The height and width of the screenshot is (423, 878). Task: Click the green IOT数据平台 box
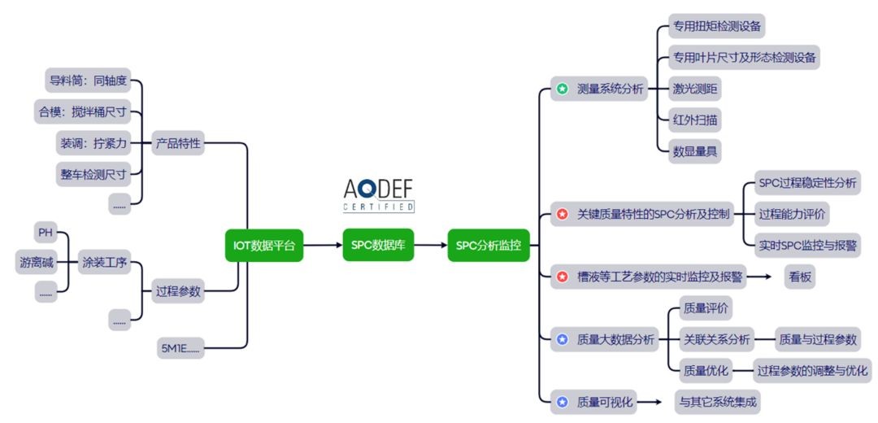(263, 245)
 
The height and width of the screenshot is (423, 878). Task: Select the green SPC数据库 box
(378, 245)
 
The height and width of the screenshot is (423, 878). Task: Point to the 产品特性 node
(178, 144)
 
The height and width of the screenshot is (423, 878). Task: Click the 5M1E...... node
(181, 349)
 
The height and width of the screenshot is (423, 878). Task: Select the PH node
(46, 233)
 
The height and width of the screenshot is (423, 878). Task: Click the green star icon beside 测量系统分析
(562, 89)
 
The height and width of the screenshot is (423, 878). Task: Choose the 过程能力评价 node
(791, 215)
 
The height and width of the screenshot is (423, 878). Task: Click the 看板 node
(799, 277)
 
